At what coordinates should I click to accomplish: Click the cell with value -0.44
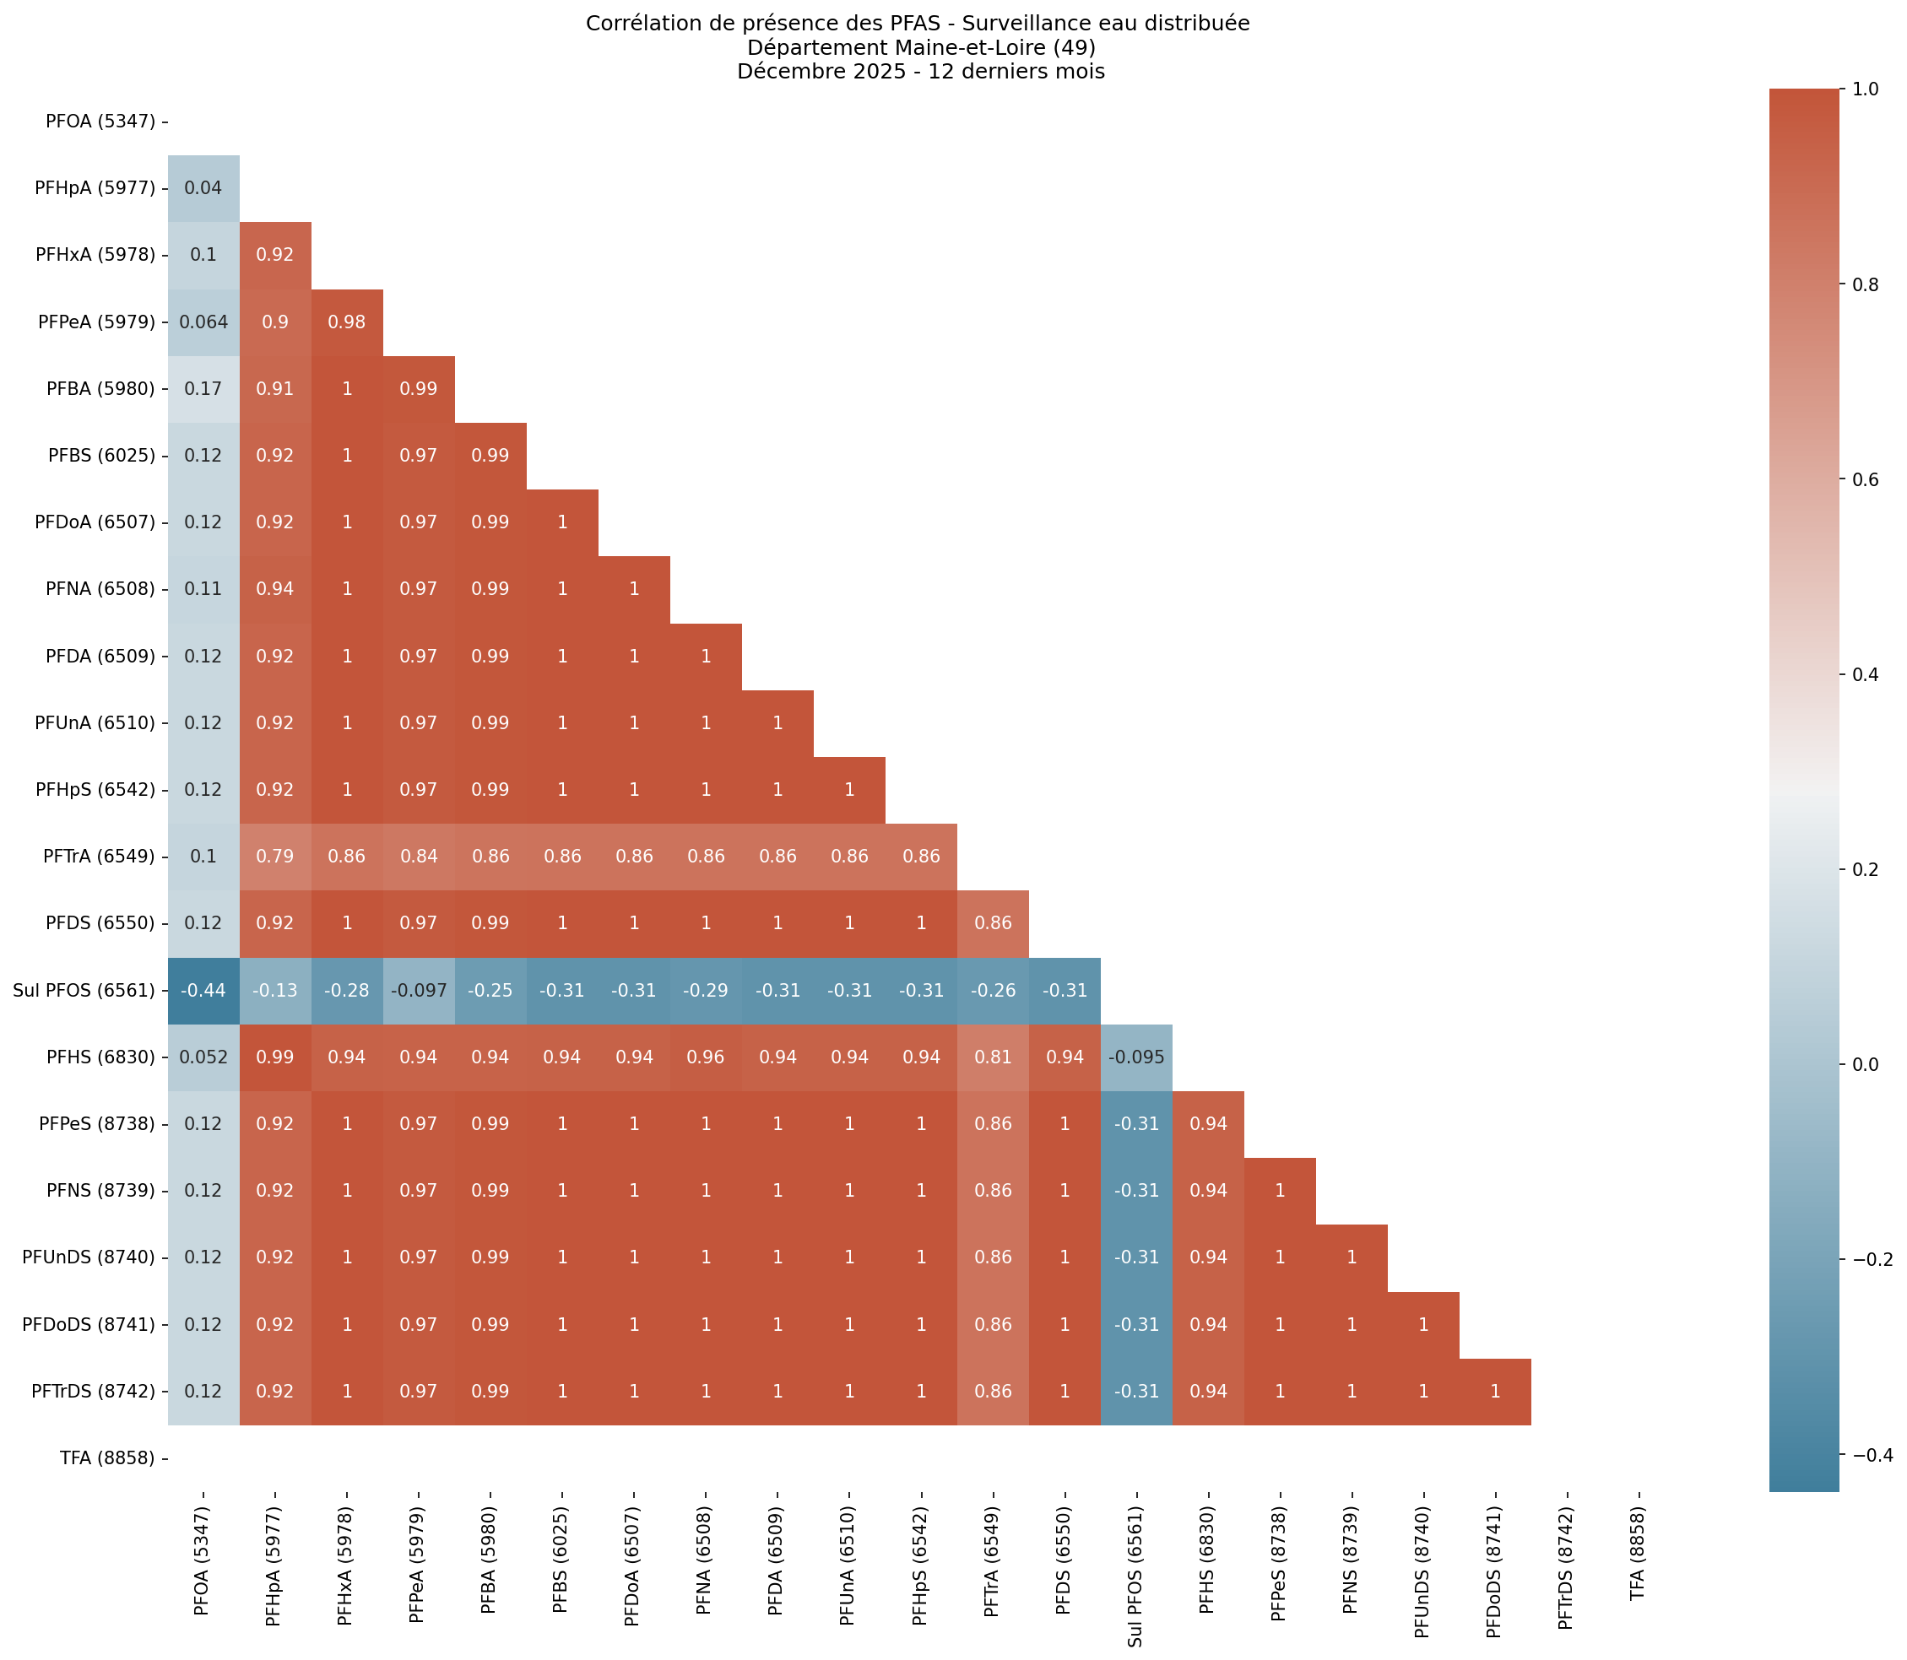click(x=203, y=990)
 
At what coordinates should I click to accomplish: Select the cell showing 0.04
click(x=203, y=188)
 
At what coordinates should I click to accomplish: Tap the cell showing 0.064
click(x=203, y=322)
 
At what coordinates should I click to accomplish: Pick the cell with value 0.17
click(x=203, y=388)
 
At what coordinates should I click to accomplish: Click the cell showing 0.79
click(x=275, y=856)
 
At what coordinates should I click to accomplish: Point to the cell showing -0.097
click(x=418, y=990)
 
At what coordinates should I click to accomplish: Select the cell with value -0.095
click(x=1136, y=1057)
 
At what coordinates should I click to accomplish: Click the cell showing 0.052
click(x=203, y=1057)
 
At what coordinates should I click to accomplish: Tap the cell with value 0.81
click(x=994, y=1057)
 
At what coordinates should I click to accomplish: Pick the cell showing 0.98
click(x=347, y=322)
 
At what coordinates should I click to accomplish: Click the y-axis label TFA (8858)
click(x=100, y=1458)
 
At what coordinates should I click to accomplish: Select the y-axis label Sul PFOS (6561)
click(x=84, y=990)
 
